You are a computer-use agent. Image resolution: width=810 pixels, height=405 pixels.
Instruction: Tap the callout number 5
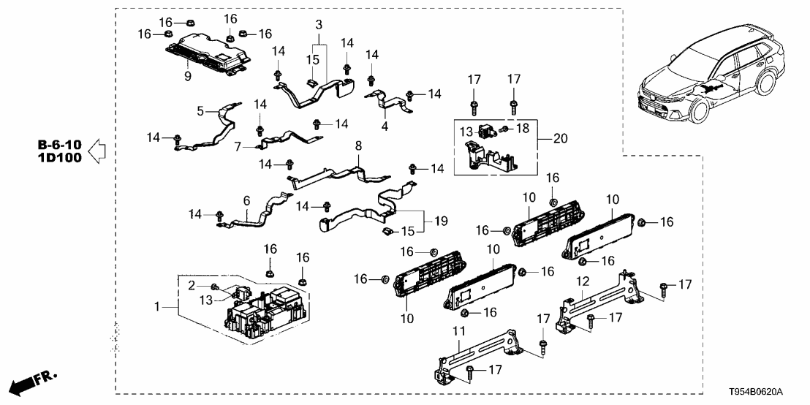200,113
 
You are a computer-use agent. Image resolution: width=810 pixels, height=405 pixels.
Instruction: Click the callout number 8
358,146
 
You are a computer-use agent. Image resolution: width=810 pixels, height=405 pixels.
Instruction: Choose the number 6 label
246,200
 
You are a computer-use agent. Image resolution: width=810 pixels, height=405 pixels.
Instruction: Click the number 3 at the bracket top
318,26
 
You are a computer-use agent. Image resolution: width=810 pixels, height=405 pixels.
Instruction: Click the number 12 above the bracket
581,281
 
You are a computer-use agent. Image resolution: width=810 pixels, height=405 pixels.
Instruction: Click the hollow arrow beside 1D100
96,151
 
